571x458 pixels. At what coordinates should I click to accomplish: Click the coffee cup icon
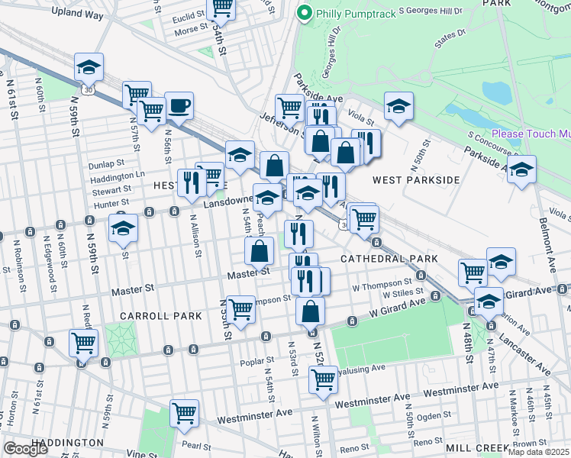(179, 106)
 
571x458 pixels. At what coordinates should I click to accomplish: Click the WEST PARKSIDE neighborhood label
(416, 180)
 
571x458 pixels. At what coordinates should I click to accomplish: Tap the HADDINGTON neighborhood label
(68, 442)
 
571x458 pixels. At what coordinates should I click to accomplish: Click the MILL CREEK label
(478, 447)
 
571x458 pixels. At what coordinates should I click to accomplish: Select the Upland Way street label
(76, 12)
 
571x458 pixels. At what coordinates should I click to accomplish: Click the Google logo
(26, 448)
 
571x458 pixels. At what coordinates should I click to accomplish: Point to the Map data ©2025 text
(538, 452)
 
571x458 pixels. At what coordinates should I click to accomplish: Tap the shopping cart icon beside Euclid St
(221, 8)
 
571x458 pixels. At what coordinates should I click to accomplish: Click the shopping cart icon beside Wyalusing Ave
(323, 378)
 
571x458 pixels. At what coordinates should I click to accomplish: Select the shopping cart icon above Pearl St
(185, 413)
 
